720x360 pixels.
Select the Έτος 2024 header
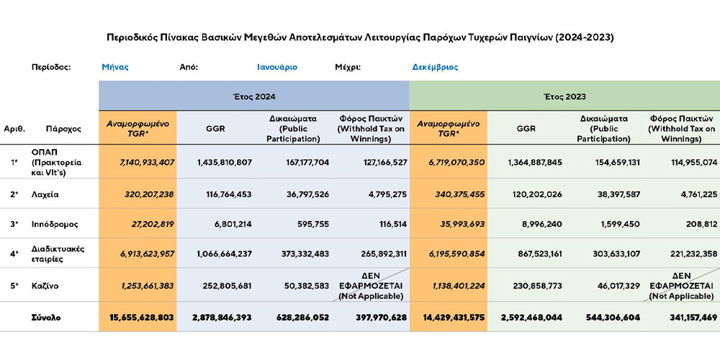coord(253,96)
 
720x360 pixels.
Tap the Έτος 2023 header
coord(564,96)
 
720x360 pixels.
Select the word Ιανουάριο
coord(277,67)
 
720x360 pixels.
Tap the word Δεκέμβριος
coord(435,67)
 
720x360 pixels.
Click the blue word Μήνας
coord(115,67)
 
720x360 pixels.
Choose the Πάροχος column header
coord(63,129)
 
